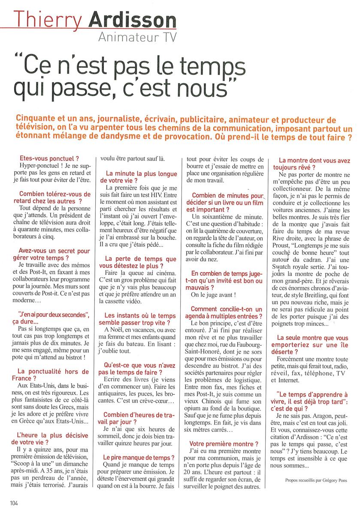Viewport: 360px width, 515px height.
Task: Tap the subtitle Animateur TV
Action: [137, 38]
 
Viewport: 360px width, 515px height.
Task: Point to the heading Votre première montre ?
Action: [224, 444]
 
